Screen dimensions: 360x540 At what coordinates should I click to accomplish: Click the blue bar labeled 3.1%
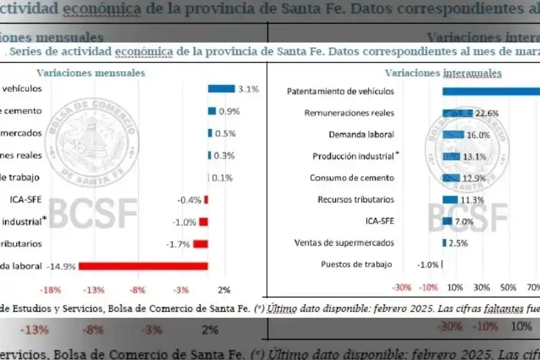(221, 89)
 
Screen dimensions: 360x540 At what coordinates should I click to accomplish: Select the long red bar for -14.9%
(143, 266)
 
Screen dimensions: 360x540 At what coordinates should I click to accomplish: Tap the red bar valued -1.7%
(200, 244)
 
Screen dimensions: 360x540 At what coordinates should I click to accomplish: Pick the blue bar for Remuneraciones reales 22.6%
(449, 113)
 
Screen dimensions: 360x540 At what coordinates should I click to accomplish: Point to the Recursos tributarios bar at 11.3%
(450, 199)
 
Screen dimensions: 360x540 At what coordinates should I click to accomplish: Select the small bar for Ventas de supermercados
(444, 243)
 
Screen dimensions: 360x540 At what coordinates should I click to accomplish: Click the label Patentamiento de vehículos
(340, 91)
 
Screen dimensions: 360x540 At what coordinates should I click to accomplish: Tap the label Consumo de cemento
(352, 178)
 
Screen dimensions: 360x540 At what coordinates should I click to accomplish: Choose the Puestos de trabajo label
(356, 264)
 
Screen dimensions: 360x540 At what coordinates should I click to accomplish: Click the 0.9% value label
(229, 111)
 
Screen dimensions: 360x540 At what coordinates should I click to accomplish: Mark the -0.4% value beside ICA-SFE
(189, 200)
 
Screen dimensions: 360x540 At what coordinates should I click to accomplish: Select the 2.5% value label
(458, 243)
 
